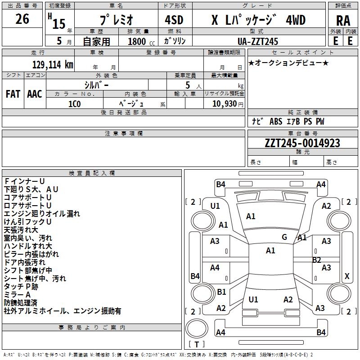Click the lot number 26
(22, 19)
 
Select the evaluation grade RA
(343, 21)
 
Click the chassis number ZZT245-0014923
(302, 143)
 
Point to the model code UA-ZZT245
(258, 41)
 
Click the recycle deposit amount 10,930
(224, 104)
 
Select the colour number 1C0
(74, 103)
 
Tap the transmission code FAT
(13, 94)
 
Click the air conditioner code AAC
(34, 94)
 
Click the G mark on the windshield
(284, 237)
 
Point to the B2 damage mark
(316, 260)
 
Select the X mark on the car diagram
(347, 276)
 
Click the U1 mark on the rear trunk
(253, 299)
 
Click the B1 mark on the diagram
(221, 292)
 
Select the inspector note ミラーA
(17, 294)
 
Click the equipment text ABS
(276, 121)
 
